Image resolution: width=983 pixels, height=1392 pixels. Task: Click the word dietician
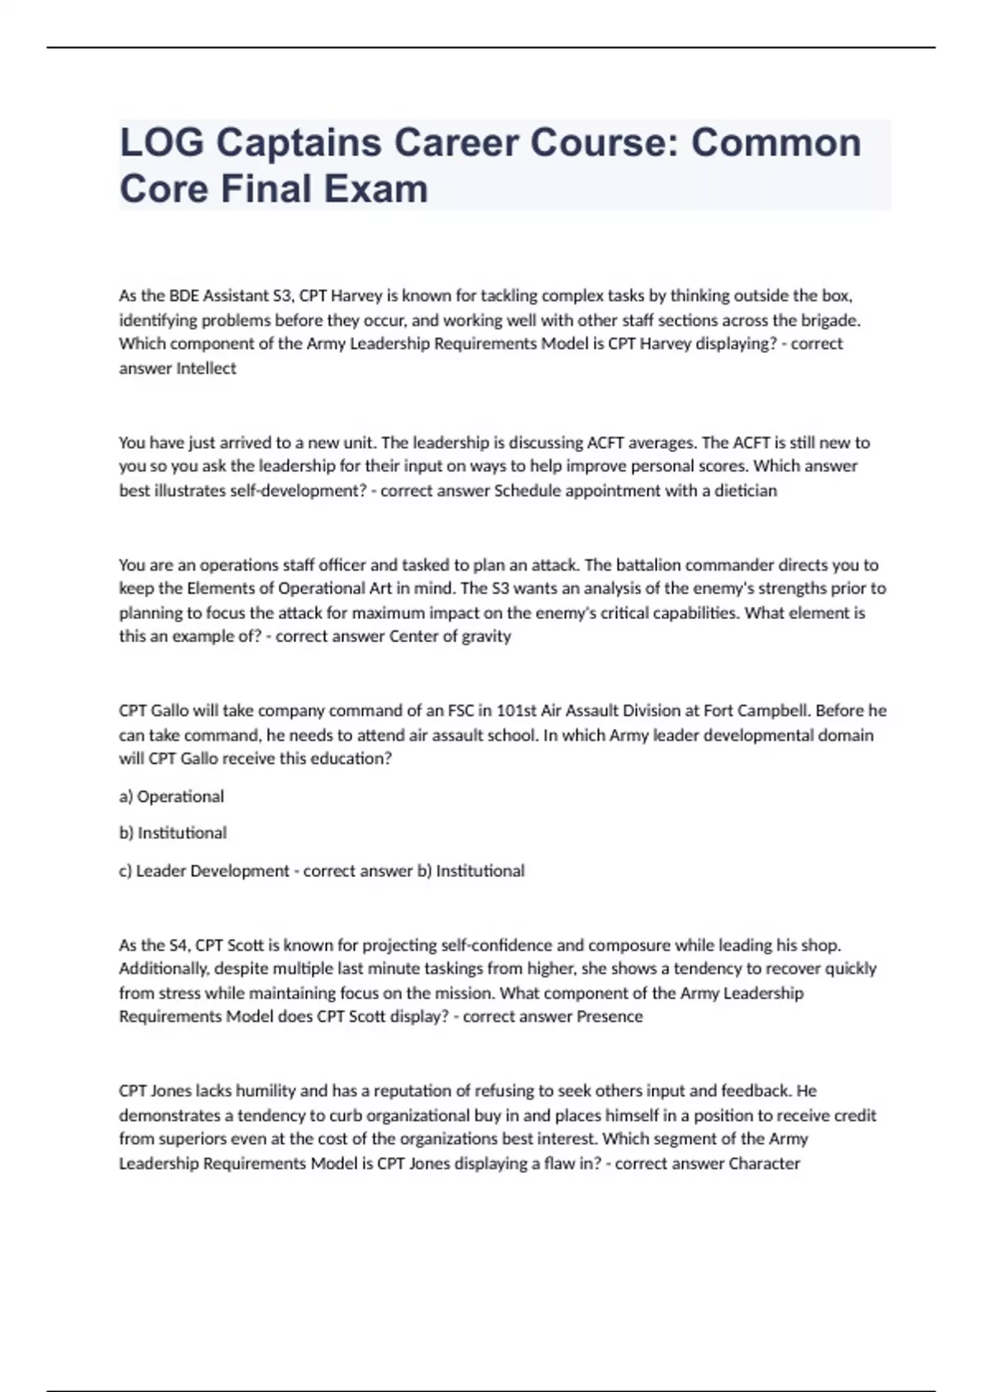745,490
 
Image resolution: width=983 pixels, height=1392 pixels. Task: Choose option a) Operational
171,796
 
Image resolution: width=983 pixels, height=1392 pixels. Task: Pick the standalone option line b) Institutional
173,833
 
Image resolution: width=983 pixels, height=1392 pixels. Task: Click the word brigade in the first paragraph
831,320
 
